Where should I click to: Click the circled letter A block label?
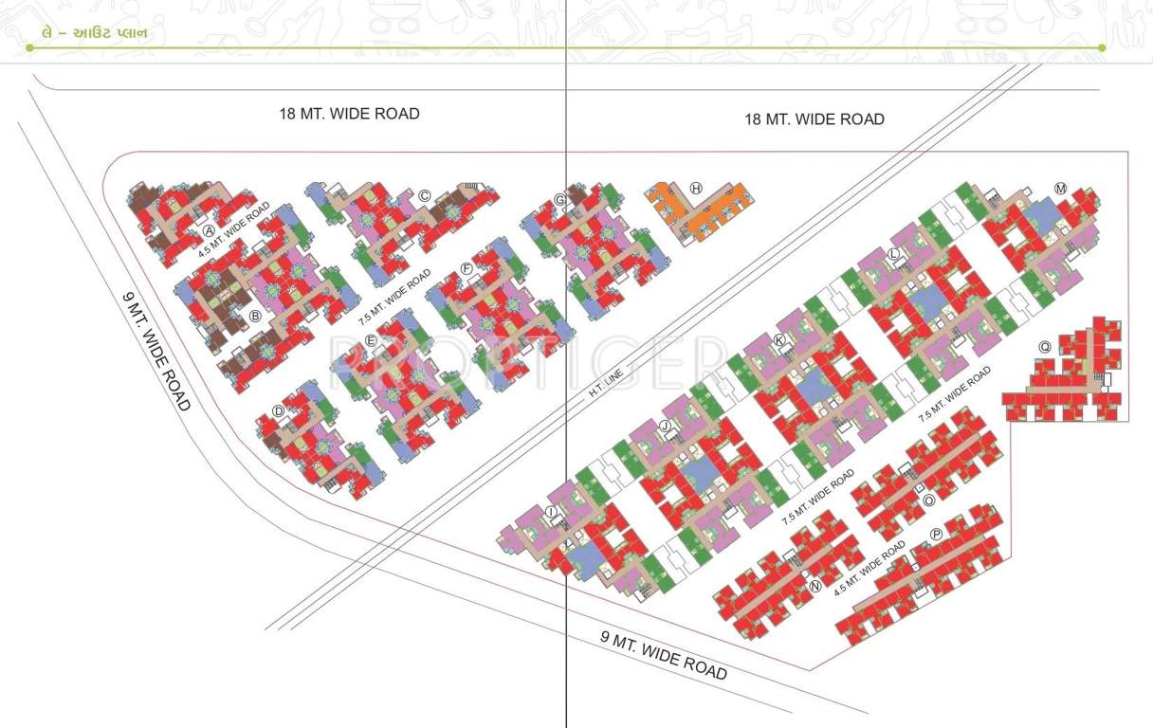[209, 230]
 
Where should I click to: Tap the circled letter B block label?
[254, 317]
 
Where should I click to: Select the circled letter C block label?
[425, 196]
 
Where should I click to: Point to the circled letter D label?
[278, 410]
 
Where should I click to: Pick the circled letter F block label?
[467, 269]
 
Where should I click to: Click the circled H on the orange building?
[696, 188]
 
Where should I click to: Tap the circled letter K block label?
[779, 339]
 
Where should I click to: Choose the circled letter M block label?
[1061, 189]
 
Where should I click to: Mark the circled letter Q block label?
[1044, 347]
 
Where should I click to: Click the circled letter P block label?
[937, 534]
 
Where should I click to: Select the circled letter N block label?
[815, 585]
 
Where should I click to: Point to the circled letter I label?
[551, 513]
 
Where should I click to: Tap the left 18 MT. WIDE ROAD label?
[349, 114]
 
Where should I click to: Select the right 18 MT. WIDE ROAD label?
[814, 119]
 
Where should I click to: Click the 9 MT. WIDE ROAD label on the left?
[156, 350]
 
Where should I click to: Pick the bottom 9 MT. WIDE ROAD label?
[664, 655]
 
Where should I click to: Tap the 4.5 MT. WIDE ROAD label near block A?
[234, 230]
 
